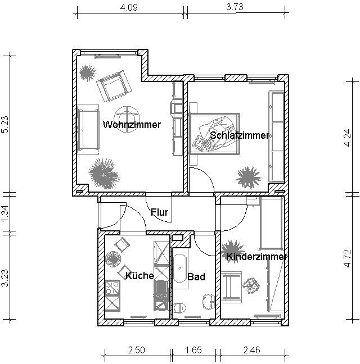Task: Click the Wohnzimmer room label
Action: click(x=132, y=125)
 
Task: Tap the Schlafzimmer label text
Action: click(x=240, y=135)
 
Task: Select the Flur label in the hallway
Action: click(x=159, y=212)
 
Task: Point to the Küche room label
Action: click(x=139, y=276)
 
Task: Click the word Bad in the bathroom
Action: click(x=196, y=277)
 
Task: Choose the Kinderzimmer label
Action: click(x=256, y=257)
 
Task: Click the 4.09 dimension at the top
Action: click(x=129, y=7)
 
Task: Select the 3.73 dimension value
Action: click(x=235, y=7)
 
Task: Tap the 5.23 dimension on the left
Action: click(x=5, y=125)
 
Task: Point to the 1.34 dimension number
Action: click(x=5, y=213)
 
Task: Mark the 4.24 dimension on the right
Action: click(x=348, y=138)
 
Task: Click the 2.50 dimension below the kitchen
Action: click(x=137, y=350)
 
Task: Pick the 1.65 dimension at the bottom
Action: click(x=193, y=350)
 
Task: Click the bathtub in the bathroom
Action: click(x=180, y=269)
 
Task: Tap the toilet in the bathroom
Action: click(x=179, y=308)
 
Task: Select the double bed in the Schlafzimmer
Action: click(x=214, y=134)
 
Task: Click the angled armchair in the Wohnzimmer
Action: click(x=114, y=86)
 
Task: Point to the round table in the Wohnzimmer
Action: click(x=127, y=119)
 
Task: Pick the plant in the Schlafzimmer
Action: click(x=248, y=178)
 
